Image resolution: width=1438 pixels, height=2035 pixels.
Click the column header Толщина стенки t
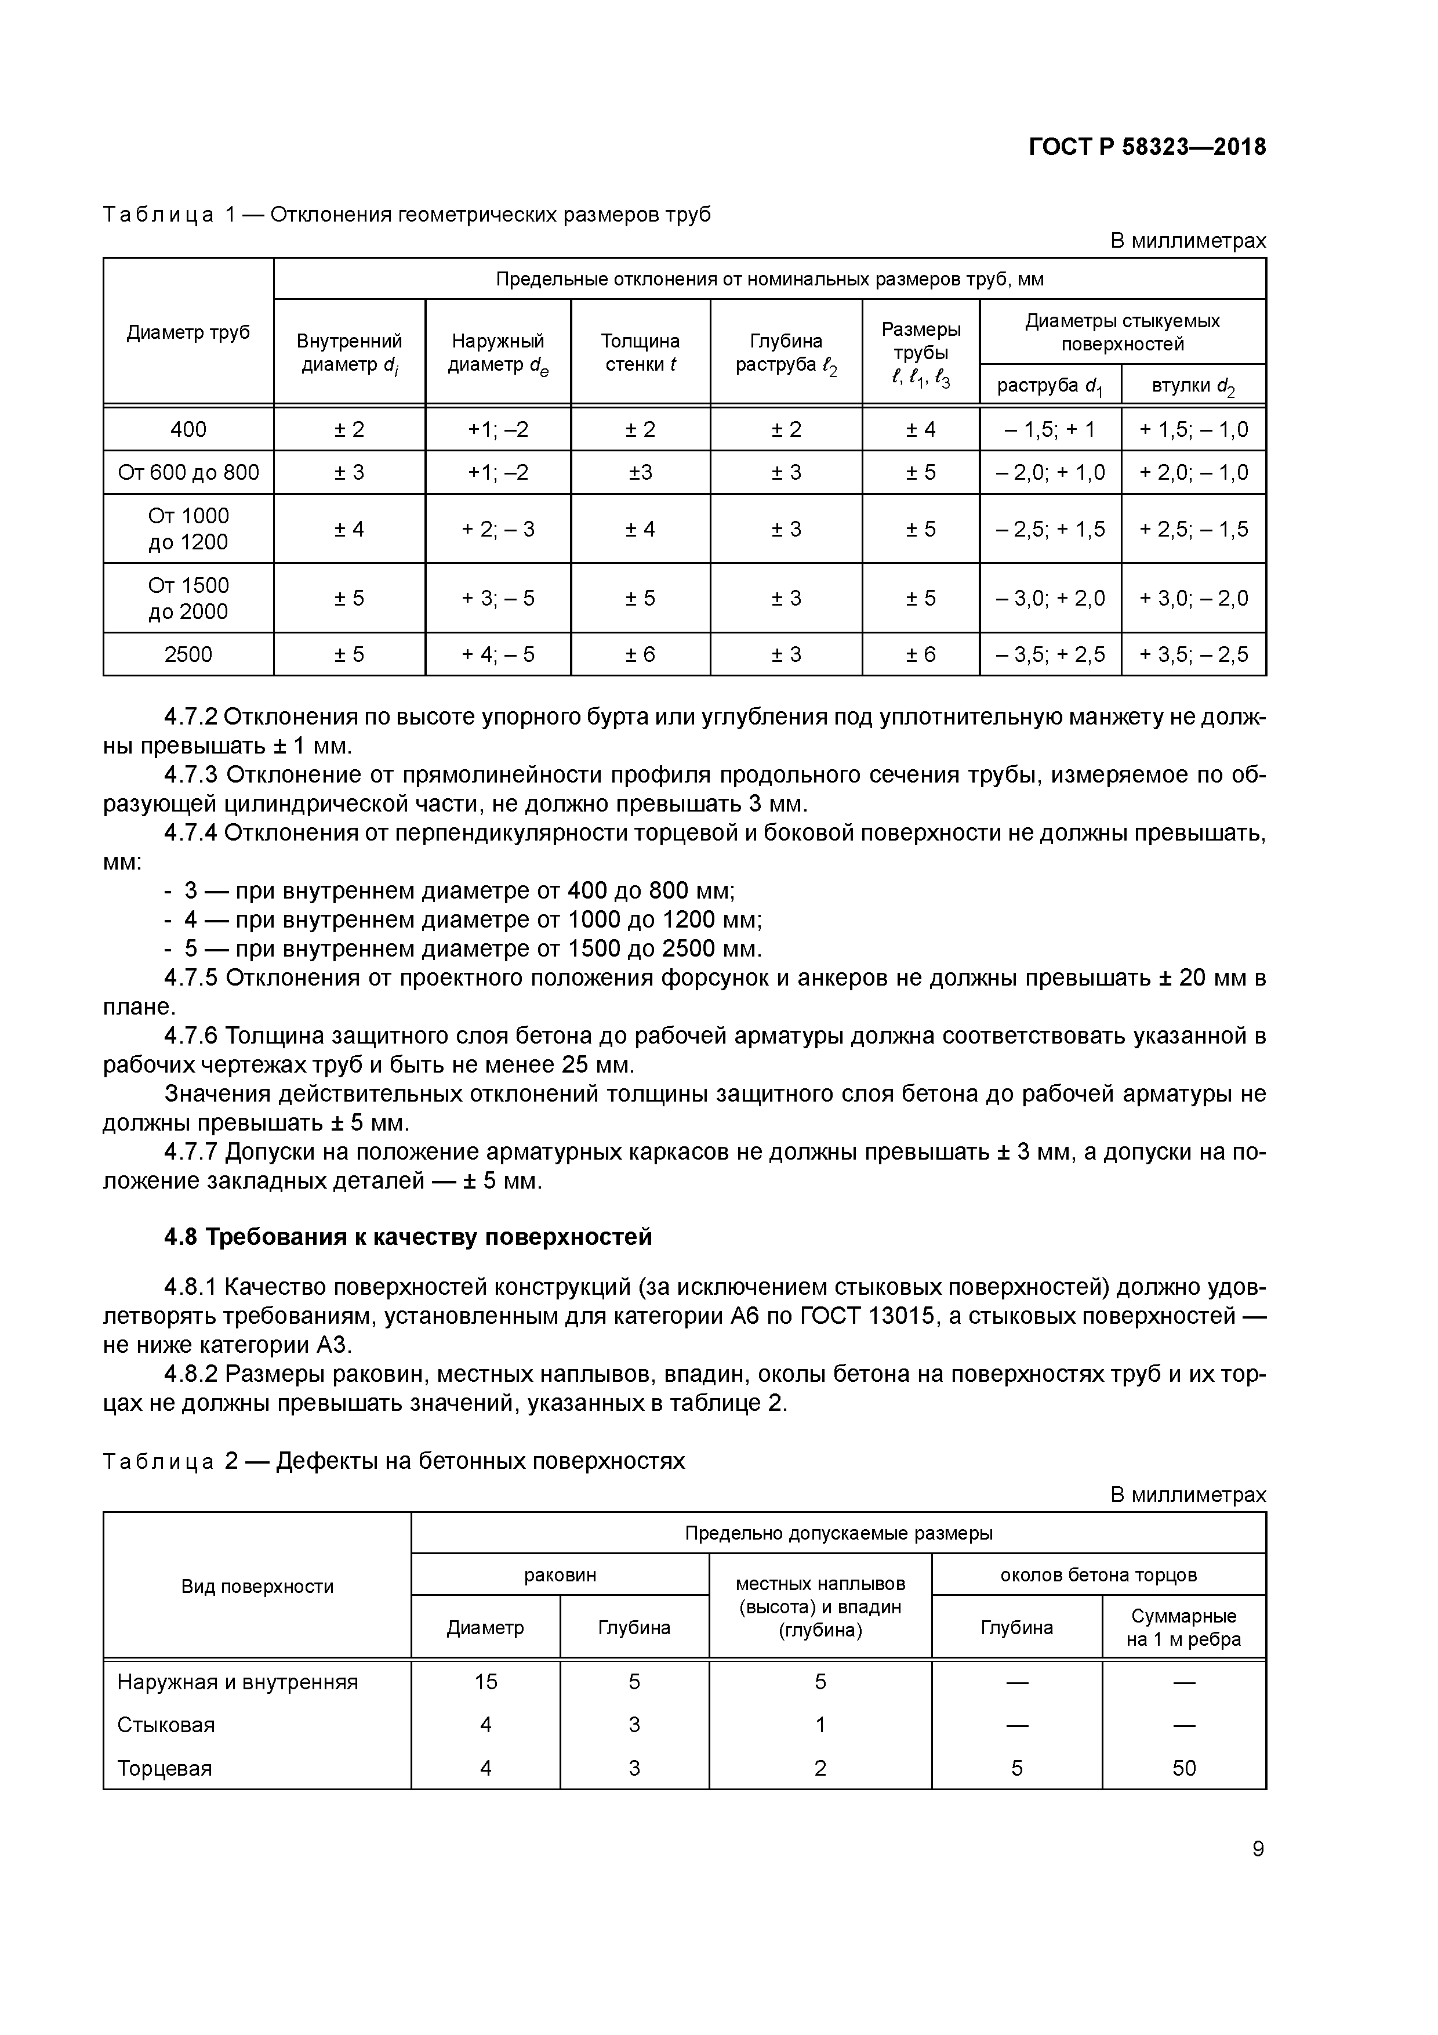pos(640,353)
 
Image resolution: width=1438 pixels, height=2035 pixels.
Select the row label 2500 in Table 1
pos(188,655)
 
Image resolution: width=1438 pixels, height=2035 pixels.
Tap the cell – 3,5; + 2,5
pos(1050,655)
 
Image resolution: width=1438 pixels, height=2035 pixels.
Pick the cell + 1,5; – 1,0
pos(1193,430)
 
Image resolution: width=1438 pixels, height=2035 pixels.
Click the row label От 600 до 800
pos(188,472)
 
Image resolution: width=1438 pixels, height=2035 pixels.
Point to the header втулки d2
pos(1193,386)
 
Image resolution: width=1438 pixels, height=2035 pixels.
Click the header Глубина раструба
pos(786,353)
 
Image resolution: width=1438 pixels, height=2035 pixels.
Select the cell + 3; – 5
pos(498,598)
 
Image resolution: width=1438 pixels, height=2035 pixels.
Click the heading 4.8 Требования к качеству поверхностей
pos(408,1236)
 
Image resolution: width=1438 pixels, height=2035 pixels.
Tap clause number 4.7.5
pos(191,977)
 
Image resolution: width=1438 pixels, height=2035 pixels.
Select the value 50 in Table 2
pos(1183,1768)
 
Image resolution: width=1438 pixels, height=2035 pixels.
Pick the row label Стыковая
pos(166,1725)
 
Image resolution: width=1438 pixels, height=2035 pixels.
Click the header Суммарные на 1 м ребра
pos(1183,1627)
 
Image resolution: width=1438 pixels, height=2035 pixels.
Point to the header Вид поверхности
pos(257,1587)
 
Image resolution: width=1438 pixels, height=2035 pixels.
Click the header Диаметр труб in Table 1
pos(188,332)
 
